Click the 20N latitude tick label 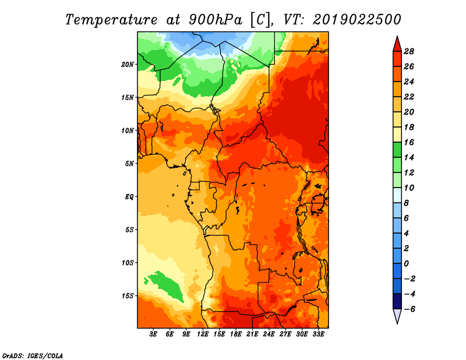click(x=127, y=64)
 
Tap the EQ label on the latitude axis click(x=129, y=196)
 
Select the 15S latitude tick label click(x=128, y=296)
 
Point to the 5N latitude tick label click(x=129, y=164)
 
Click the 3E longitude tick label click(x=153, y=334)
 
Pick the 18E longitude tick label click(x=236, y=334)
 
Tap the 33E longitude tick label click(x=318, y=334)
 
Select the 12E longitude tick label click(x=203, y=334)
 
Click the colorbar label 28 click(x=409, y=51)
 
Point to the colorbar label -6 click(x=409, y=309)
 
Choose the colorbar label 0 click(x=406, y=264)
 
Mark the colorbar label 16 click(x=409, y=142)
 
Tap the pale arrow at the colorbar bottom click(x=397, y=315)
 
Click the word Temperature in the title click(x=111, y=20)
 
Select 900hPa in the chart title click(x=215, y=20)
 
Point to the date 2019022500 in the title click(x=357, y=20)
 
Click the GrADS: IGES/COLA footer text click(x=33, y=355)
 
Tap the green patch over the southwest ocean click(x=165, y=286)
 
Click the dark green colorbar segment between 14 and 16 click(x=397, y=150)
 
